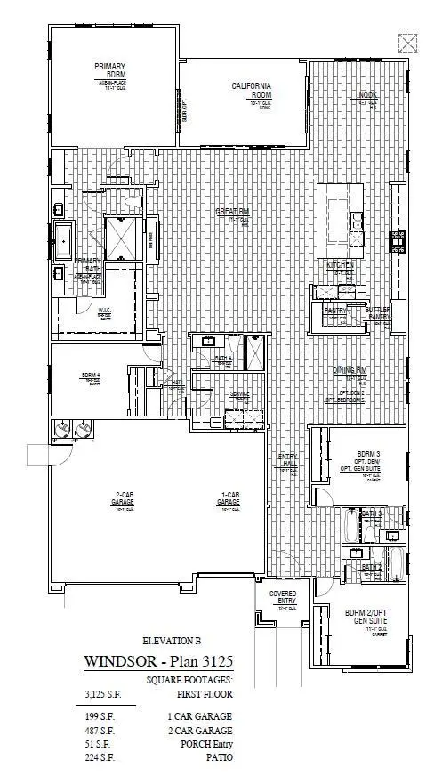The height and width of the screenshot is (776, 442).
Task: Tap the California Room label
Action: [252, 90]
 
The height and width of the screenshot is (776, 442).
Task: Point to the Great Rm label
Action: [233, 212]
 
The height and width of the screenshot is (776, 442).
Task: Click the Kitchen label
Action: [340, 265]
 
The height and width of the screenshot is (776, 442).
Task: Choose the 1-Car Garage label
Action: [229, 498]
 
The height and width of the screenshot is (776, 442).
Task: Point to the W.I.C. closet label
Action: [103, 311]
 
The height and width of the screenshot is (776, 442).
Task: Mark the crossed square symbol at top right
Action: [408, 41]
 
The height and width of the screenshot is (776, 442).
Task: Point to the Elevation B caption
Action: [173, 640]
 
